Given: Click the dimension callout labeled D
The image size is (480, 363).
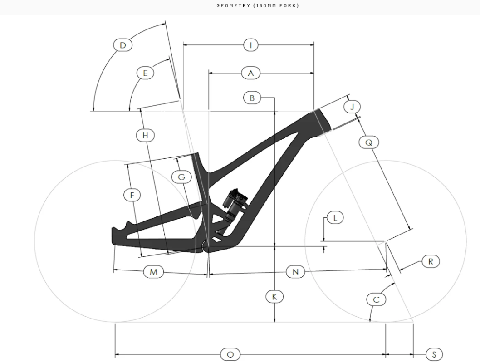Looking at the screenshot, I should [x=122, y=45].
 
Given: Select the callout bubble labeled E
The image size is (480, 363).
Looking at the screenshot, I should [x=146, y=73].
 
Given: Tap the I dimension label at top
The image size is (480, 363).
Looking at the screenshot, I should [x=250, y=45].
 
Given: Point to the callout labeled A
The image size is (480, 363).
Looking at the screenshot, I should [x=250, y=73].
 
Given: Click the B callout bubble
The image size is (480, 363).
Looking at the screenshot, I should [x=252, y=97].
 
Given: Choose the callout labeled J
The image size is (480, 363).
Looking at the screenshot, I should [x=353, y=107].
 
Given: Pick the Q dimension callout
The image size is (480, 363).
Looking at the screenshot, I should [x=368, y=142].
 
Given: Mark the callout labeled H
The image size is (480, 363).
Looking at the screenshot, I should [x=145, y=135].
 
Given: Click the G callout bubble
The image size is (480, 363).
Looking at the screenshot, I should [x=181, y=177].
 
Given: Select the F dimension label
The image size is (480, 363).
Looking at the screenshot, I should [x=132, y=195].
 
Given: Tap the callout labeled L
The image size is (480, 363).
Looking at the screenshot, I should [x=335, y=218].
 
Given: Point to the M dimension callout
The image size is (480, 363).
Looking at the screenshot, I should [x=153, y=272].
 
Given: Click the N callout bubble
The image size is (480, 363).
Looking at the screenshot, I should [x=295, y=272].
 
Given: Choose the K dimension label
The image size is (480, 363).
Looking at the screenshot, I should [x=274, y=297].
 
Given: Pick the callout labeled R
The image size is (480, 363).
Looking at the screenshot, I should [x=431, y=261].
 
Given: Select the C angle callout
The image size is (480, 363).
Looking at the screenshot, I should [x=376, y=299].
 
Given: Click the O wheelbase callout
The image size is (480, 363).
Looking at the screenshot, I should [x=230, y=354].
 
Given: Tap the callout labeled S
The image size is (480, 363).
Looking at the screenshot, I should [x=434, y=354].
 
